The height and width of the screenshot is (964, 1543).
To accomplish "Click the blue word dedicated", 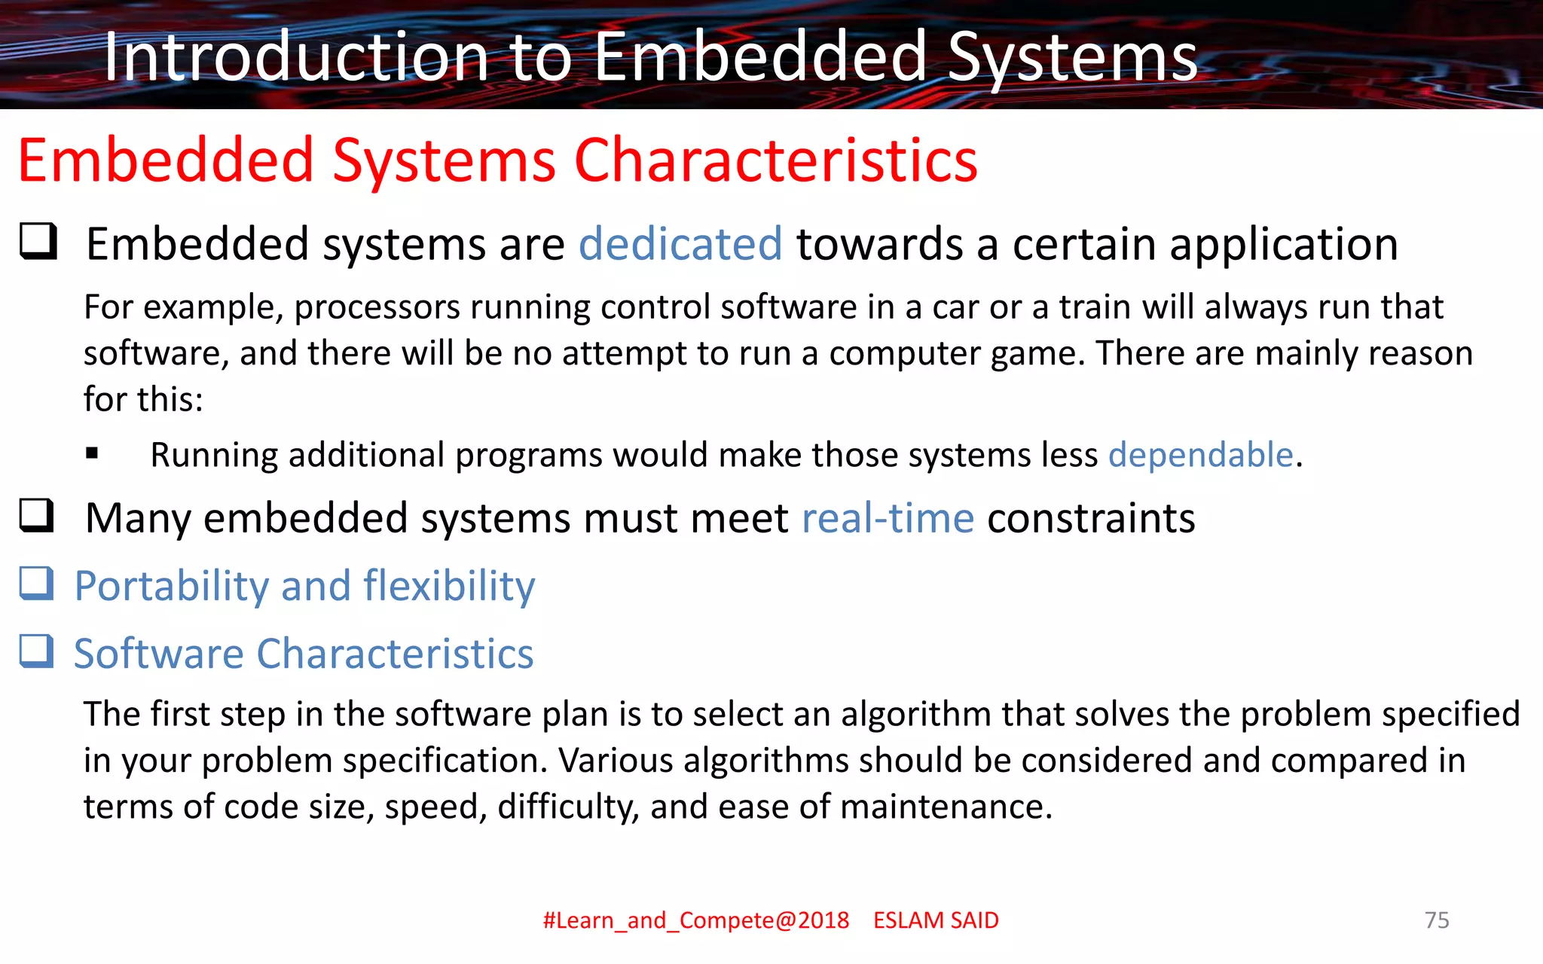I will click(x=680, y=244).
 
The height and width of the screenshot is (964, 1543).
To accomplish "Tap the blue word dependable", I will click(x=1200, y=455).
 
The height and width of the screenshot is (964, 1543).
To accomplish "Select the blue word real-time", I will click(x=888, y=518).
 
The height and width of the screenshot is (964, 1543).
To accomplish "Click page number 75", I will click(x=1437, y=920).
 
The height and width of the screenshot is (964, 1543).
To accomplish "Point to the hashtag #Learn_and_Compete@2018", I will click(x=695, y=920).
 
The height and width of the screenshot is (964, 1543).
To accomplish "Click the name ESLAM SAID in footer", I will click(x=936, y=920).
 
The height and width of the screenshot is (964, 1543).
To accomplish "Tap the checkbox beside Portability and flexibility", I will click(x=37, y=584).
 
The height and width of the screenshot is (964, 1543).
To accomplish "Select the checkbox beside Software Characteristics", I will click(x=37, y=651).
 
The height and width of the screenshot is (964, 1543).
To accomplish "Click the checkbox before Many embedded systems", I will click(x=37, y=516).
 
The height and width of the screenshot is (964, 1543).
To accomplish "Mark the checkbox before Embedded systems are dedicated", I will click(x=38, y=242).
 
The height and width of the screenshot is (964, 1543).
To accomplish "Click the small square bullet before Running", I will click(x=92, y=453).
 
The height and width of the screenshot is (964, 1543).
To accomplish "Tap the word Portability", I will click(x=171, y=586).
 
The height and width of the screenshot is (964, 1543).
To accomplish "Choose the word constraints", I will click(x=1091, y=518).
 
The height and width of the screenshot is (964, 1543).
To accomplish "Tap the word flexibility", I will click(x=449, y=586).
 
